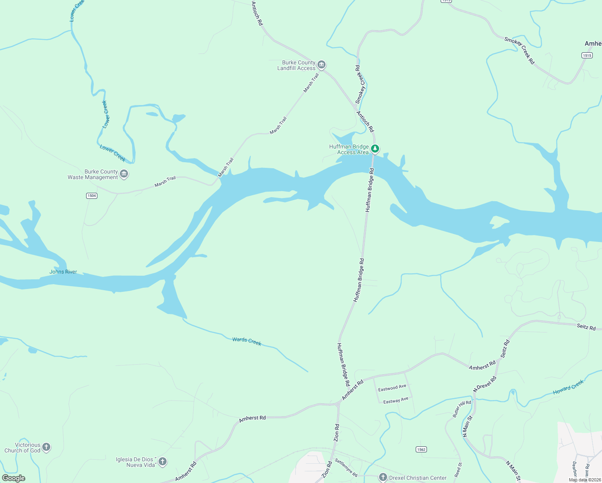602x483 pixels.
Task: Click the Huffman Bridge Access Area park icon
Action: [x=375, y=149]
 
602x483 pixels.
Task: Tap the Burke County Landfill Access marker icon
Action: [x=321, y=65]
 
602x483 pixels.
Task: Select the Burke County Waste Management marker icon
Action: [x=124, y=174]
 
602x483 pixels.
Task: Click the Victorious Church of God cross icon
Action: [x=46, y=447]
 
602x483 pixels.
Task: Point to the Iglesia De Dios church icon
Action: [x=163, y=462]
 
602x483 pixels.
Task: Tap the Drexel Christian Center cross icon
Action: [x=383, y=478]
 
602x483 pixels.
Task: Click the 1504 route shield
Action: [x=92, y=196]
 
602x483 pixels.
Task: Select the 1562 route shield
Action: [x=421, y=449]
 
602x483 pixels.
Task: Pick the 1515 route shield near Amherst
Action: [x=587, y=55]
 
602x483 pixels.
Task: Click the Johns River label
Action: [x=63, y=272]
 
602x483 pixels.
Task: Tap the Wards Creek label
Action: [x=247, y=341]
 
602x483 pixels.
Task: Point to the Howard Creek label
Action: [x=568, y=387]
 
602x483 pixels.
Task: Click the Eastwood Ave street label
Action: [x=392, y=388]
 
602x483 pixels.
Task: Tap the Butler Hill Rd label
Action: [x=462, y=409]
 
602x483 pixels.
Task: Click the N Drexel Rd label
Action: [x=484, y=384]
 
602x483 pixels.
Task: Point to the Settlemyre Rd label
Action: [x=346, y=469]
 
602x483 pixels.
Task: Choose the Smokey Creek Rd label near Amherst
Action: [x=519, y=50]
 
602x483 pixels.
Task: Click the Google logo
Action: [x=13, y=478]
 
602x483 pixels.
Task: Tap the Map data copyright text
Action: [x=584, y=480]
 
